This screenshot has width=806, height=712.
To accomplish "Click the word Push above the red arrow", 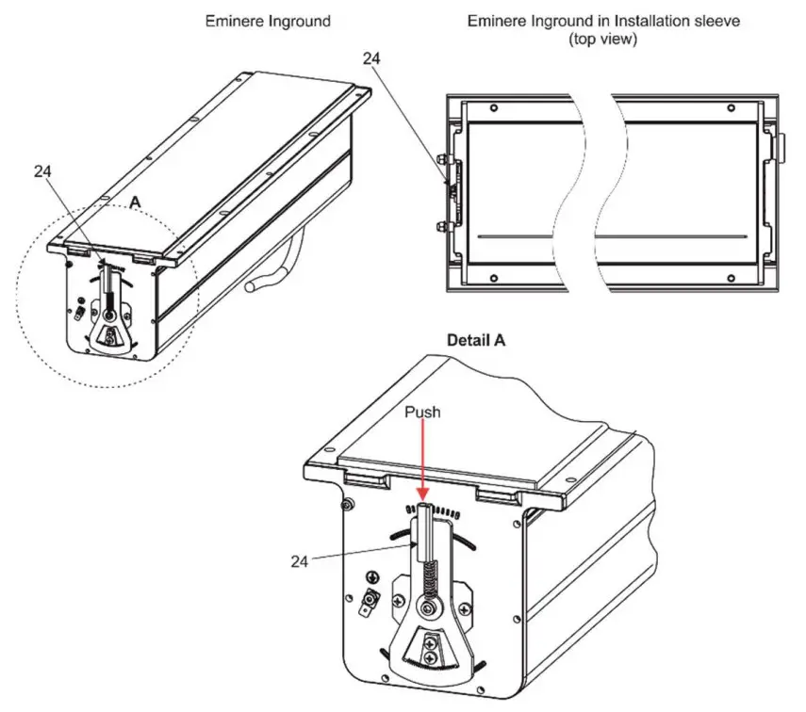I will pyautogui.click(x=422, y=413).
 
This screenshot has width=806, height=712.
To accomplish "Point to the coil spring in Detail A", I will pyautogui.click(x=431, y=579).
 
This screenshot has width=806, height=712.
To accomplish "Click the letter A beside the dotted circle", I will pyautogui.click(x=135, y=202).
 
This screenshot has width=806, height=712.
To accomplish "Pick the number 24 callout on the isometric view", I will pyautogui.click(x=41, y=171).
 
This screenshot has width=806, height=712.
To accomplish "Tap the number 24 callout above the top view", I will pyautogui.click(x=373, y=57).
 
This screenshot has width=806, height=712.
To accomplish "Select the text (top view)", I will pyautogui.click(x=603, y=40).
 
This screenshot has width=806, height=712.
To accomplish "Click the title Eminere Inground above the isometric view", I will pyautogui.click(x=268, y=21).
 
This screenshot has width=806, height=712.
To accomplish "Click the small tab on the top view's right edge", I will pyautogui.click(x=781, y=145).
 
